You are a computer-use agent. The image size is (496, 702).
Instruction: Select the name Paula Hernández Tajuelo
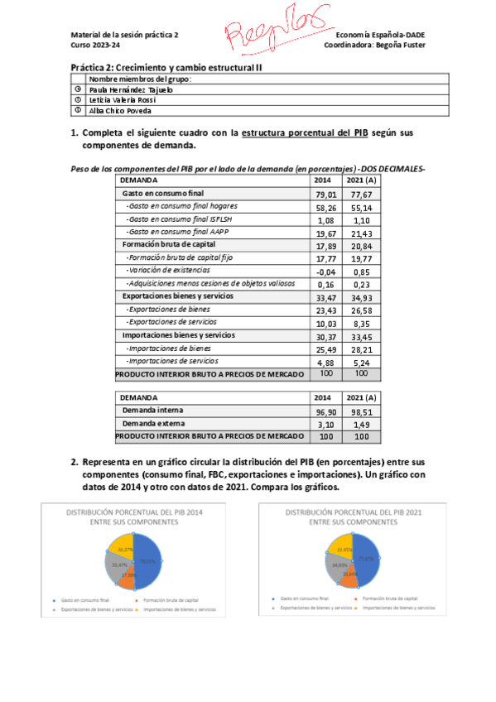tap(130, 89)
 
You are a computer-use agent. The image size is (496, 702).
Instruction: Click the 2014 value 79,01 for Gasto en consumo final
tap(325, 195)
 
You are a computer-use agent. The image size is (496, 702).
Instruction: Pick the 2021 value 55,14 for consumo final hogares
tap(361, 208)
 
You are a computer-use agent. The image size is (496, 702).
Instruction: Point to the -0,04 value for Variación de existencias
tap(325, 271)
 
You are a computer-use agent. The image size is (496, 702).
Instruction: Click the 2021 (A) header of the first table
tap(362, 180)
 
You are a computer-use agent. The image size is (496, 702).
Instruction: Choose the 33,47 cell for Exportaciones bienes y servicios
tap(325, 296)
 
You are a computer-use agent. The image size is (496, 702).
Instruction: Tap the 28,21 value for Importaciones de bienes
tap(361, 349)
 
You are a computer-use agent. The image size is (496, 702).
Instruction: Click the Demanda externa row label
tap(153, 423)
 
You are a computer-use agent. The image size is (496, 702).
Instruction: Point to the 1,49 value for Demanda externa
tap(361, 424)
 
